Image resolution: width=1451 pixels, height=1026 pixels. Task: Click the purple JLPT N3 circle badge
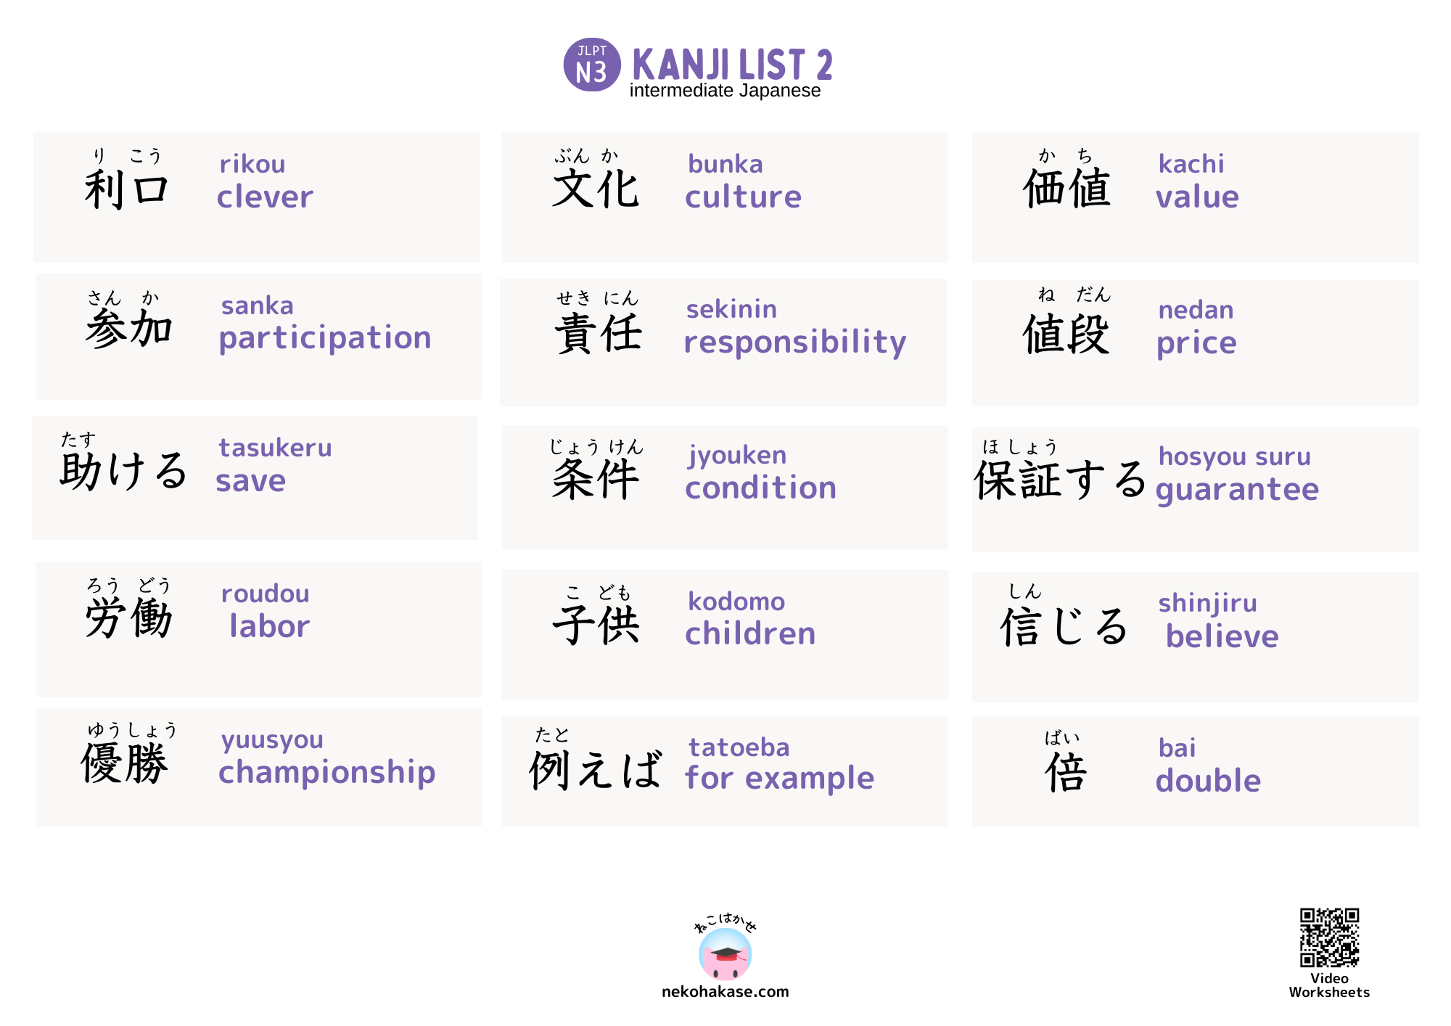tap(592, 65)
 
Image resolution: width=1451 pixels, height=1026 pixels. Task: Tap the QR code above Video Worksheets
tap(1329, 937)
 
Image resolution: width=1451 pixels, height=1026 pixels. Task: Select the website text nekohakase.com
tap(725, 992)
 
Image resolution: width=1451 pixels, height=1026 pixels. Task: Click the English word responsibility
tap(794, 342)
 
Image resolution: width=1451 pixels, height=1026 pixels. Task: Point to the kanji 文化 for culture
tap(596, 189)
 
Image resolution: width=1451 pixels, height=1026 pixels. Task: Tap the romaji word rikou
tap(252, 164)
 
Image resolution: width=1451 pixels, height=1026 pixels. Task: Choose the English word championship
tap(326, 772)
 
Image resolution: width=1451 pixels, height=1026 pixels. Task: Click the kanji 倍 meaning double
tap(1066, 772)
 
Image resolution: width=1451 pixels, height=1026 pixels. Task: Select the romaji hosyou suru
tap(1234, 456)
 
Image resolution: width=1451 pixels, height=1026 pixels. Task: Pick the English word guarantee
tap(1237, 490)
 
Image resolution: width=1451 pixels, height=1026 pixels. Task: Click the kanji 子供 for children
tap(596, 624)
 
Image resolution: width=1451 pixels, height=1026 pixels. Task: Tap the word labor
tap(269, 626)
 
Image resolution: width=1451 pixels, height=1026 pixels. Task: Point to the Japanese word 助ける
tap(124, 471)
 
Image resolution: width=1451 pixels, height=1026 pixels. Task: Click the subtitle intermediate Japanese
tap(725, 91)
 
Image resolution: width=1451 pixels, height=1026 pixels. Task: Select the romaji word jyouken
tap(737, 455)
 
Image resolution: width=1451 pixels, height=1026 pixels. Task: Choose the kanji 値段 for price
tap(1066, 335)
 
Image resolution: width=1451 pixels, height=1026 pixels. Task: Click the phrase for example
tap(779, 779)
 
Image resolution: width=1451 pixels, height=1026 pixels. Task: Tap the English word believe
tap(1222, 636)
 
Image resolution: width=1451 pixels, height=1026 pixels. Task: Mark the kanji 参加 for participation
tap(128, 329)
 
